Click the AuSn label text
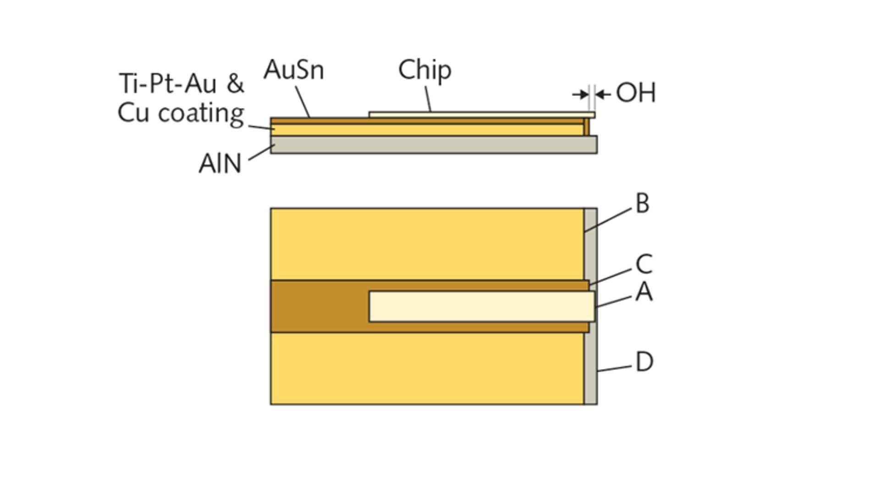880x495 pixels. coord(294,70)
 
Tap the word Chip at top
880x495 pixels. coord(425,70)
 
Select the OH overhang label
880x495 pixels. coord(636,93)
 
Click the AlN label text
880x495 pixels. coord(220,164)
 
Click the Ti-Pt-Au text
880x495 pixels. coord(168,84)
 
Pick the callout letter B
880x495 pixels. coord(643,203)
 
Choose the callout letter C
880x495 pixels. coord(644,264)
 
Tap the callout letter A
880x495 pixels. coord(644,292)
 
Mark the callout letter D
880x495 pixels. coord(644,362)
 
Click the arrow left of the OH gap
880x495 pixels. coord(581,94)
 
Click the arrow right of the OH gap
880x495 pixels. coord(604,94)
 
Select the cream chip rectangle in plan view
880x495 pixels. coord(481,306)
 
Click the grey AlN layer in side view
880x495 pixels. coord(433,145)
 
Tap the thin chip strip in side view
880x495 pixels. coord(481,115)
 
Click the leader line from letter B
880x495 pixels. coord(608,220)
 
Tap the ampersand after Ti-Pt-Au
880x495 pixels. coord(235,84)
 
